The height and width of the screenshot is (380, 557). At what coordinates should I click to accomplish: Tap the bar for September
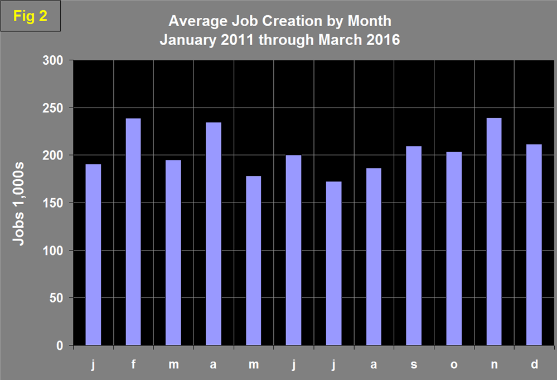coord(414,246)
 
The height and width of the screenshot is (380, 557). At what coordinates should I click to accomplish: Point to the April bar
coord(214,234)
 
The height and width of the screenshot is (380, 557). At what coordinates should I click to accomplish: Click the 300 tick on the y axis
coord(55,60)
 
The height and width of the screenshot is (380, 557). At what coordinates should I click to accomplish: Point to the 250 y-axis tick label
coord(55,108)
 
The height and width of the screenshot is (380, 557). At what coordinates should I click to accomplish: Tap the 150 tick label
coord(55,203)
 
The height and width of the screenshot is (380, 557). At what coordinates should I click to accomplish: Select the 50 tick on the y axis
coord(57,298)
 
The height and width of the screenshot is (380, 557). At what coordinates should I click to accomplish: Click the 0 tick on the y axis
coord(61,346)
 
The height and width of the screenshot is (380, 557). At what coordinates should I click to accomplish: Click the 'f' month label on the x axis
coord(134,364)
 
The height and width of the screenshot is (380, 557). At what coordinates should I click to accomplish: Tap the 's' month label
coord(414,364)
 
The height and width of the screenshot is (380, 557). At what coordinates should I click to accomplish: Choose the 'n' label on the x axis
coord(494,364)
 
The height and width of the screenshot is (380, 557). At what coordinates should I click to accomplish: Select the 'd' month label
coord(534,364)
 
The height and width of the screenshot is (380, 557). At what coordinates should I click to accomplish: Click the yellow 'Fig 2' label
coord(30,17)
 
